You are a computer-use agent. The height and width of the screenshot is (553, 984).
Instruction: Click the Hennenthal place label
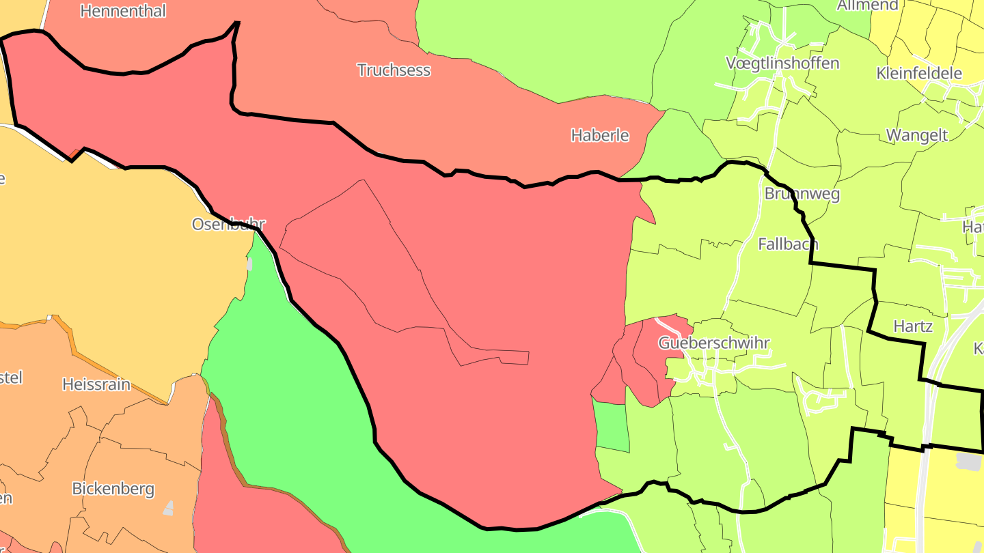click(x=123, y=11)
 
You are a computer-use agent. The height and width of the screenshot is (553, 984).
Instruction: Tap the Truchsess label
click(x=394, y=70)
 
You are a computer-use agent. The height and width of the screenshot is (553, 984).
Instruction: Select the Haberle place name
click(x=600, y=135)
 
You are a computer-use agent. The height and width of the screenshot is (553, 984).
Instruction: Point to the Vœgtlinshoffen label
click(x=782, y=63)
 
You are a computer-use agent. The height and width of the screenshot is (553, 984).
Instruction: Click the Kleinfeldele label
click(x=919, y=73)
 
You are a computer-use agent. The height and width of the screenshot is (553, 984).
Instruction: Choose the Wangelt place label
click(x=917, y=135)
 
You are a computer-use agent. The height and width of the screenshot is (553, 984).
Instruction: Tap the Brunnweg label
click(x=802, y=193)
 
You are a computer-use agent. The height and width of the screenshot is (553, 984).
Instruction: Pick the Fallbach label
click(x=788, y=244)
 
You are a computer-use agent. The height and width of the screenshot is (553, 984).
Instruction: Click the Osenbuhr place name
click(x=228, y=224)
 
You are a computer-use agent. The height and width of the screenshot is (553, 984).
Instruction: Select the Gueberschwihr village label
click(x=714, y=343)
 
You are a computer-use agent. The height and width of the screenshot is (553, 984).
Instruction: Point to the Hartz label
click(x=913, y=326)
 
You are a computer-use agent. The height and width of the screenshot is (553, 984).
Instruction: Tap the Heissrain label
click(x=96, y=384)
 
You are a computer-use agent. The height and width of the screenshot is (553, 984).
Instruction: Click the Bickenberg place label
click(x=113, y=489)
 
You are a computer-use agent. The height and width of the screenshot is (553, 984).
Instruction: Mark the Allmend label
click(x=868, y=5)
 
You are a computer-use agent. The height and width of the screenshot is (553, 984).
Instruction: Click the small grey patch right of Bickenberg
click(x=168, y=508)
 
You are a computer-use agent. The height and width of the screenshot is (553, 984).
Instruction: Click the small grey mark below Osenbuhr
click(x=250, y=264)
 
